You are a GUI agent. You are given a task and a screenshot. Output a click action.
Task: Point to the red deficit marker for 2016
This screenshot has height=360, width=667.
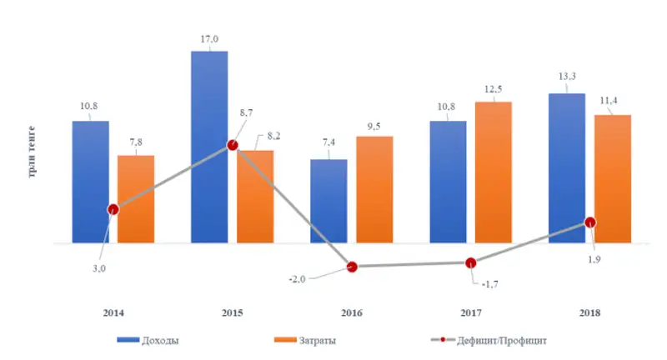(352, 267)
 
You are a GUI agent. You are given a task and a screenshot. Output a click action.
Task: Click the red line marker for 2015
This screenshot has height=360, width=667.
(233, 146)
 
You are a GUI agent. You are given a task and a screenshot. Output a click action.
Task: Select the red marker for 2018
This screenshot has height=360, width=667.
(590, 222)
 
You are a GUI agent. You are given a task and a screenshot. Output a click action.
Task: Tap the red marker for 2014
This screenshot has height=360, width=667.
(113, 209)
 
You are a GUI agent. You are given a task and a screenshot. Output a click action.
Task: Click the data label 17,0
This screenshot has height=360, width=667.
(209, 38)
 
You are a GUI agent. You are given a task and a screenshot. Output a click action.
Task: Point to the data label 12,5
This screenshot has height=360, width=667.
(493, 89)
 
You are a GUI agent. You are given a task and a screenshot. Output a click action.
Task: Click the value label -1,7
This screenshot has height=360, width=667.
(493, 283)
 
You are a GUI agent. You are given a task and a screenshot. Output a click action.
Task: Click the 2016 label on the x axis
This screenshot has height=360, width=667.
(351, 312)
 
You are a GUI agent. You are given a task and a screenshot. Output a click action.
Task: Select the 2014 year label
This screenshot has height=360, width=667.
(113, 312)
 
